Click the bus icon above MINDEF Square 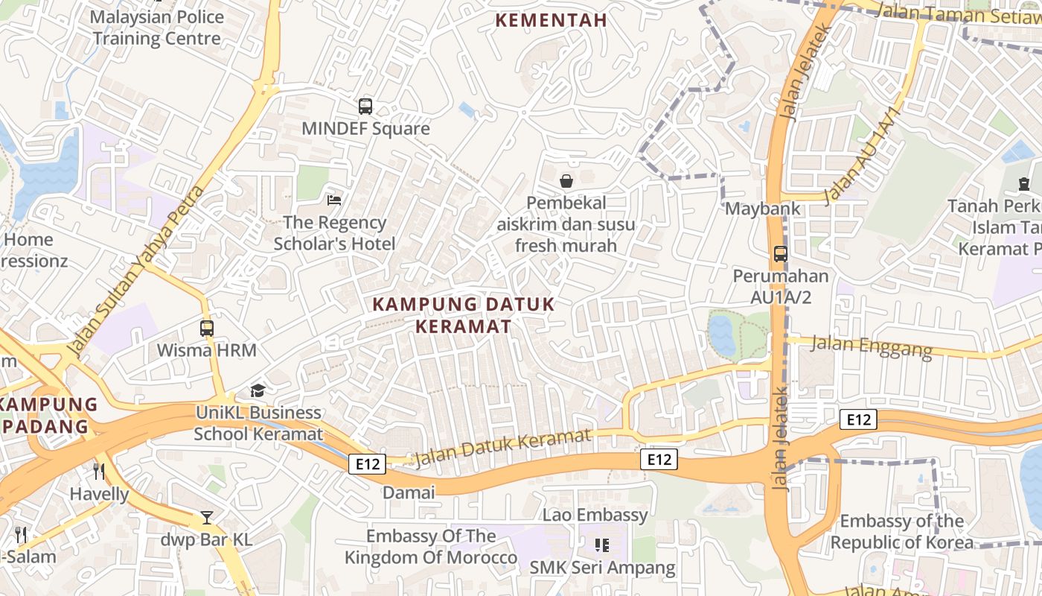tap(365, 107)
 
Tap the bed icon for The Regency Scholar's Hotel tap(334, 200)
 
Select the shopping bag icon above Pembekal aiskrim tap(566, 180)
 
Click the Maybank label tap(763, 209)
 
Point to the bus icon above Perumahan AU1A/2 tap(780, 253)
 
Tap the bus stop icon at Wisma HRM tap(207, 328)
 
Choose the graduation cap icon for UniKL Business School tap(258, 390)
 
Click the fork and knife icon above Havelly tap(98, 471)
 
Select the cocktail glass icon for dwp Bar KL tap(207, 517)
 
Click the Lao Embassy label tap(595, 515)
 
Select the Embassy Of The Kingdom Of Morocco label tap(431, 547)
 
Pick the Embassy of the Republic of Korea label tap(901, 531)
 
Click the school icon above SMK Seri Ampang tap(602, 545)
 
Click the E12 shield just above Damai tap(367, 464)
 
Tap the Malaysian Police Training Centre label tap(156, 28)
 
